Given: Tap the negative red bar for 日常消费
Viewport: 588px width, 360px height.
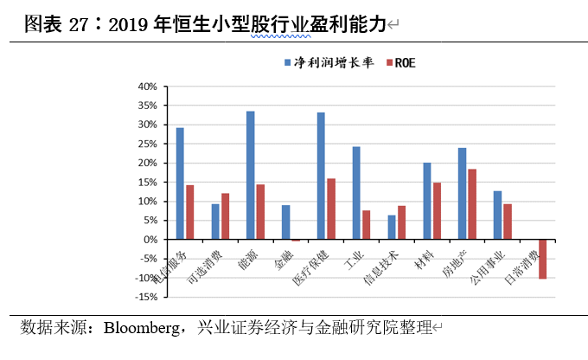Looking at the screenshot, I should pos(542,259).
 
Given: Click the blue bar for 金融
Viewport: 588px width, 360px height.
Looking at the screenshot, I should pos(285,222).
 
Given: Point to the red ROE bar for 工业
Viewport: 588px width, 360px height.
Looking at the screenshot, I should pos(366,225).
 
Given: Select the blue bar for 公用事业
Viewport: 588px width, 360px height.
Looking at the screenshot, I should pos(497,215).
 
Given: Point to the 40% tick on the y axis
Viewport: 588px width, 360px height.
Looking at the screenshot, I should pos(145,87).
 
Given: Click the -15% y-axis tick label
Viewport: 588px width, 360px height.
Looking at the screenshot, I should pos(144,297).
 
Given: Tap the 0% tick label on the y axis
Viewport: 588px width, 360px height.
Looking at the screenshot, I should pos(148,240).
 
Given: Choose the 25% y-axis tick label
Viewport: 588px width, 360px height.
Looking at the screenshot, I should pos(145,144).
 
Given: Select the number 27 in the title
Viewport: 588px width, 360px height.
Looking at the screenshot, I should pos(78,25).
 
